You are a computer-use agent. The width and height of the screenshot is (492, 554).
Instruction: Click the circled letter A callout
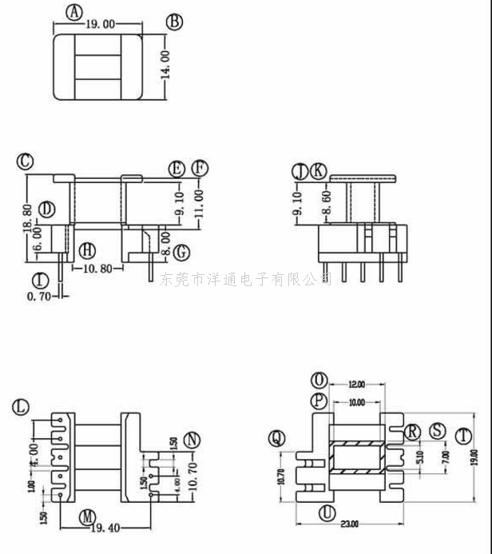coord(74,12)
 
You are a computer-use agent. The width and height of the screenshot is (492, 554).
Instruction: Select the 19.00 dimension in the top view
coord(102,25)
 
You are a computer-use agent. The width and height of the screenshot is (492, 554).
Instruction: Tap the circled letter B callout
coord(174,22)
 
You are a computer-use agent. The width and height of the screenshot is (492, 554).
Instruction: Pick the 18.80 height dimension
coord(28,217)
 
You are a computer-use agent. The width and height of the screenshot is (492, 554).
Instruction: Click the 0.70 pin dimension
coord(38,297)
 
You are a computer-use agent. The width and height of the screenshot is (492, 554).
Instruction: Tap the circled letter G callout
coord(182,252)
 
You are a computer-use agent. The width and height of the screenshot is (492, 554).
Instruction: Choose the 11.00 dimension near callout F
coord(199,198)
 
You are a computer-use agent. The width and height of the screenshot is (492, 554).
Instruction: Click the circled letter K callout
coord(318,170)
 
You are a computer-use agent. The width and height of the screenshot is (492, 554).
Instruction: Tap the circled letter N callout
coord(192,440)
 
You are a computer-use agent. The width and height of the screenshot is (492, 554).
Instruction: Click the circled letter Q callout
coord(277,437)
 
